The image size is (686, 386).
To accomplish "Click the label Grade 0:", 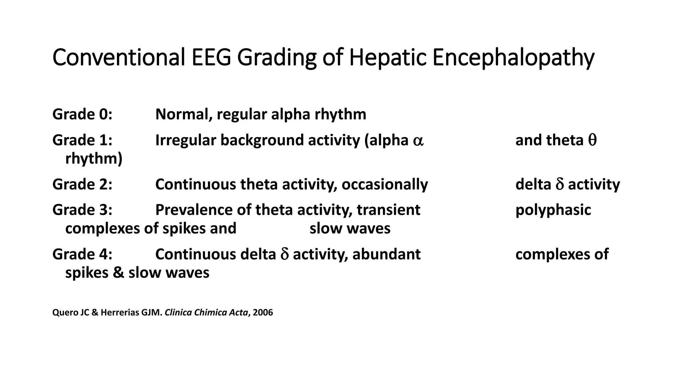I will (82, 114).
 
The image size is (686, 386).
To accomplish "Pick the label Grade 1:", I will (82, 140).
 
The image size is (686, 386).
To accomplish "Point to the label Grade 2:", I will (82, 184).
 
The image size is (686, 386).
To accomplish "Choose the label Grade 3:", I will (82, 210).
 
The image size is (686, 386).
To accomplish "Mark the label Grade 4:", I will (82, 254).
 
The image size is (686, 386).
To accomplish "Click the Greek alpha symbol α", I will (418, 141).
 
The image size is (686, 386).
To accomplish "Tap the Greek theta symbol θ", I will (592, 140).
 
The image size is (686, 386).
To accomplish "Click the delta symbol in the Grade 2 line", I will (560, 184).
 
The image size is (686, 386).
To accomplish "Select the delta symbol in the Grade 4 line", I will (284, 254).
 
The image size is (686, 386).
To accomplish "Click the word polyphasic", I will (553, 210).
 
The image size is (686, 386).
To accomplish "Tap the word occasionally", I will (385, 184).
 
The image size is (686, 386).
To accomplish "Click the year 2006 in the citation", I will (263, 313).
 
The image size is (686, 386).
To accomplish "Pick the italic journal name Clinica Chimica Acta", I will (206, 313).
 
